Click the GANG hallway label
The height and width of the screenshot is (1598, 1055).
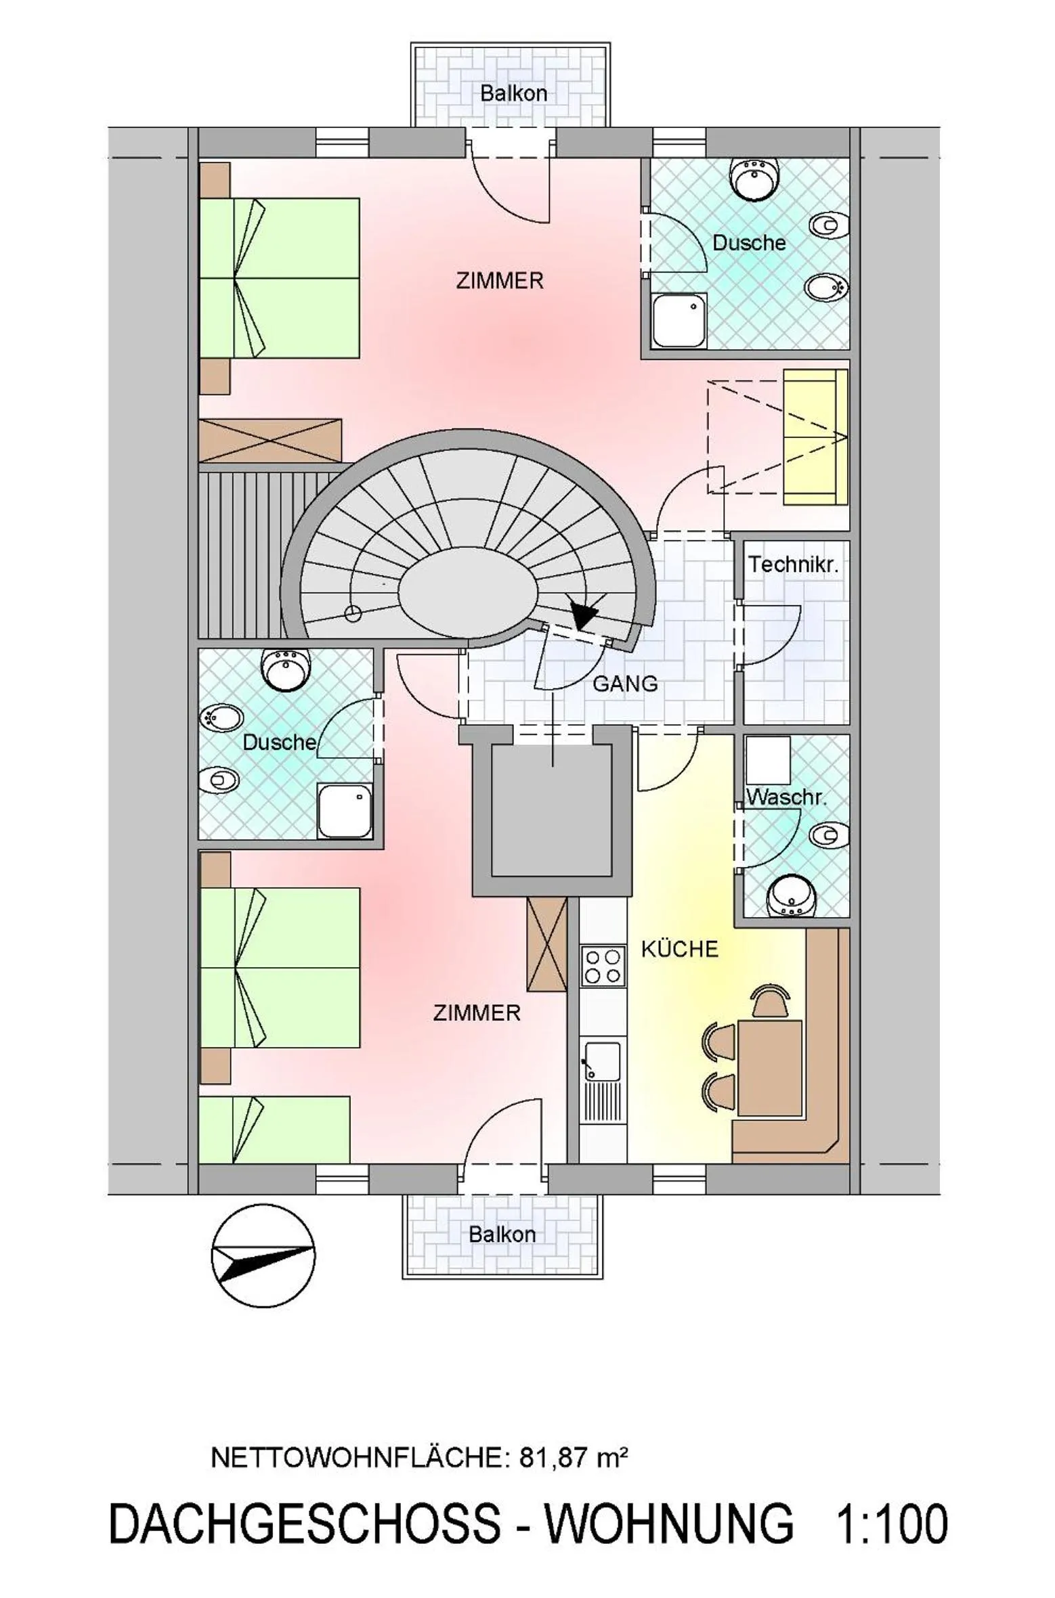(624, 684)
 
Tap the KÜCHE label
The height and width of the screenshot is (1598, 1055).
(679, 949)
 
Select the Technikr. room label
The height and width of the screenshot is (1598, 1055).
(793, 564)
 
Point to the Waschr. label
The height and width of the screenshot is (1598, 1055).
(786, 797)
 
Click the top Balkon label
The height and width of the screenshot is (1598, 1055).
(513, 93)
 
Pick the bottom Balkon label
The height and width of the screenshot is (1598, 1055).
(502, 1234)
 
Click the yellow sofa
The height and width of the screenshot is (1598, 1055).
(815, 437)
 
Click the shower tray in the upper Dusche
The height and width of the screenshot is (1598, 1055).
(679, 321)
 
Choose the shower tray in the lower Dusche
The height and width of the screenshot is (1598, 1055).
(345, 811)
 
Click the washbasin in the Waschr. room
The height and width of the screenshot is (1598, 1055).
(791, 897)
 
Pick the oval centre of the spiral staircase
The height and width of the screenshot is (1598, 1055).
(468, 592)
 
